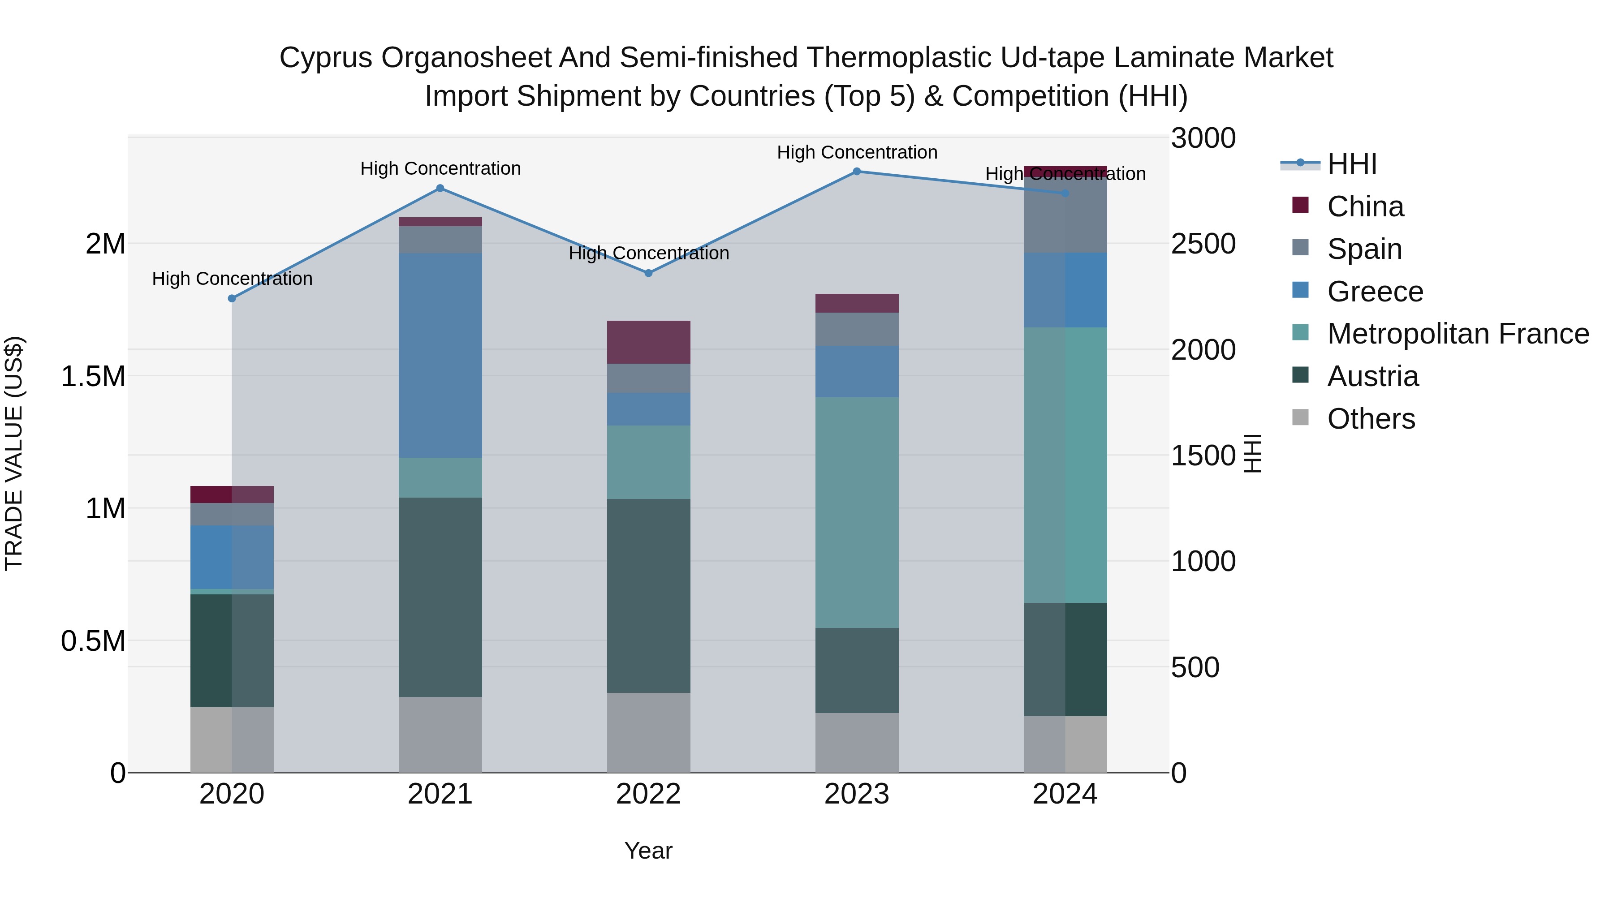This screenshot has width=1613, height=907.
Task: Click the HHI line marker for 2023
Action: tap(857, 172)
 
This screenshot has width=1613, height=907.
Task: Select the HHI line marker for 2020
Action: tap(232, 299)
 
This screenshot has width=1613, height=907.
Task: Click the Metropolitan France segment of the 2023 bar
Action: tap(857, 512)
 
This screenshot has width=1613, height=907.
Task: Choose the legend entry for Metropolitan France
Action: tap(1457, 334)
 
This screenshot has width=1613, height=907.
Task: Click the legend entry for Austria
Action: tap(1372, 376)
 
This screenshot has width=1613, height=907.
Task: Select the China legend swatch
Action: tap(1301, 205)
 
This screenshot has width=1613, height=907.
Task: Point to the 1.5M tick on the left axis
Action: tap(93, 376)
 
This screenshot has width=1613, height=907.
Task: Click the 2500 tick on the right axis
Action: tap(1203, 244)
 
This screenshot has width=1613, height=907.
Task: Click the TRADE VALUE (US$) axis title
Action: tap(14, 453)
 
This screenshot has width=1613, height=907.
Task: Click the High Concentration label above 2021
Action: tap(440, 168)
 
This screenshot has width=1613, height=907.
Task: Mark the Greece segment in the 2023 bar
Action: tap(857, 371)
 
